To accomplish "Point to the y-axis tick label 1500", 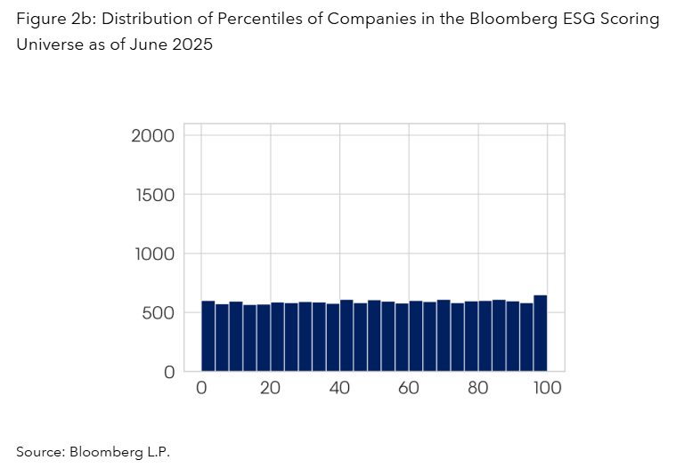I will (152, 195).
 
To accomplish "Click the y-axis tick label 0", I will (168, 372).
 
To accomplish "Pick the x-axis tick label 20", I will (271, 388).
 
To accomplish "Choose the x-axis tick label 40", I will (340, 388).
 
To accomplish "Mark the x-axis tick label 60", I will (409, 388).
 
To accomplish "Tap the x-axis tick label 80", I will (478, 388).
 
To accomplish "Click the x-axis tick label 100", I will (546, 388).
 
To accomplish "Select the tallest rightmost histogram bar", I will (540, 333).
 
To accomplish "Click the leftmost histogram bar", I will (208, 335).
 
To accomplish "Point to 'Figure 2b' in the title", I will (49, 20).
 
